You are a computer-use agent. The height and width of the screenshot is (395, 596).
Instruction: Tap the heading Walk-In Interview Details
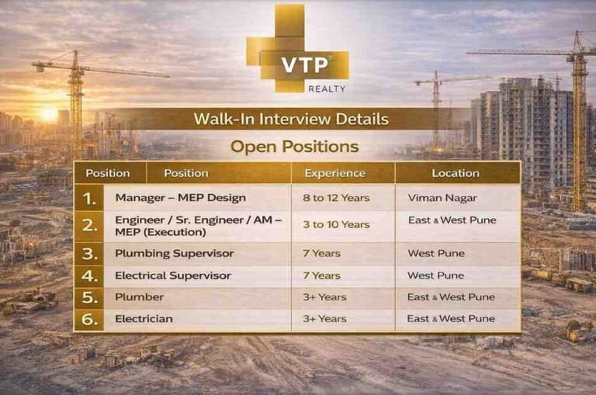(x=291, y=120)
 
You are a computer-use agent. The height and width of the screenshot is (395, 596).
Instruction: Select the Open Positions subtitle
(x=294, y=146)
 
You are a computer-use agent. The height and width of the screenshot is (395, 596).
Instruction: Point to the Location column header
(x=456, y=173)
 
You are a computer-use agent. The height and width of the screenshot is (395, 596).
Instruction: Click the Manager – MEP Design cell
(x=180, y=198)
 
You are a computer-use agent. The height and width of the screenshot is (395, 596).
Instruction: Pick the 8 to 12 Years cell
(x=337, y=198)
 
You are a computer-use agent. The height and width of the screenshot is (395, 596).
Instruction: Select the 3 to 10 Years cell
(x=337, y=224)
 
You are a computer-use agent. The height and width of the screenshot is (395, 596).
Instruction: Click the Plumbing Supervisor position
(x=174, y=254)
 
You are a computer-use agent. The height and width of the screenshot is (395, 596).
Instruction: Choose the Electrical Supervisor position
(x=172, y=275)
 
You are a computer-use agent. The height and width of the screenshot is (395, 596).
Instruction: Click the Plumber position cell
(x=140, y=297)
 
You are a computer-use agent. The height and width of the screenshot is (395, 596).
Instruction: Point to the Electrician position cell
(x=144, y=319)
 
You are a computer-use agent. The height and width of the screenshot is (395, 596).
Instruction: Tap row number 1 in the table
(x=90, y=198)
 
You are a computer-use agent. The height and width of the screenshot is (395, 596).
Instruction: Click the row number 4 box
(x=90, y=275)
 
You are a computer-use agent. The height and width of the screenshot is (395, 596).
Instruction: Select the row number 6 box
(x=90, y=319)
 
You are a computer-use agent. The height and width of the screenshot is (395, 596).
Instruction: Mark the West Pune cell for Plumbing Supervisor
(x=436, y=254)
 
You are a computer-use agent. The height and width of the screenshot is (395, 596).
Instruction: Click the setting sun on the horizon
(x=48, y=113)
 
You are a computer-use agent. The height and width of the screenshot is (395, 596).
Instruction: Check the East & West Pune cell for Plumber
(x=451, y=297)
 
